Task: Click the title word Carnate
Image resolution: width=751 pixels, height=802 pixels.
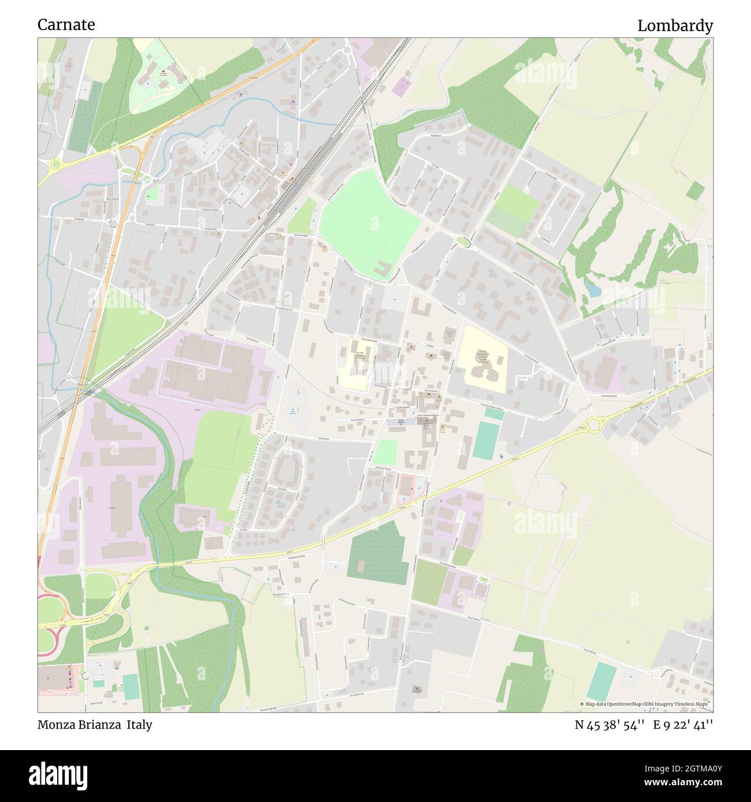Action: point(66,25)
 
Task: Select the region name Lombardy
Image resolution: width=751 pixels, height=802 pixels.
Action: point(675,26)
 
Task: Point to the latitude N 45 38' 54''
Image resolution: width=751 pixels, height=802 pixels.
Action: point(609,725)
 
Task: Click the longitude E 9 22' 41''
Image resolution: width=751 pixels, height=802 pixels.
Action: point(683,725)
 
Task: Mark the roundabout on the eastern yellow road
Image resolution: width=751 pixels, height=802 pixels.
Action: point(593,425)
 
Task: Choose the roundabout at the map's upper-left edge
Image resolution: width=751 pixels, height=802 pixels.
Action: point(54,166)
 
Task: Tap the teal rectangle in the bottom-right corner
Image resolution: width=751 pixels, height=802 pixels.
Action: point(601,681)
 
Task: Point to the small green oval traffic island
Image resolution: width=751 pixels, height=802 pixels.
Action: point(463,241)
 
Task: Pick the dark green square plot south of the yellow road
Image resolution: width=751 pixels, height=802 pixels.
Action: point(378,552)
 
